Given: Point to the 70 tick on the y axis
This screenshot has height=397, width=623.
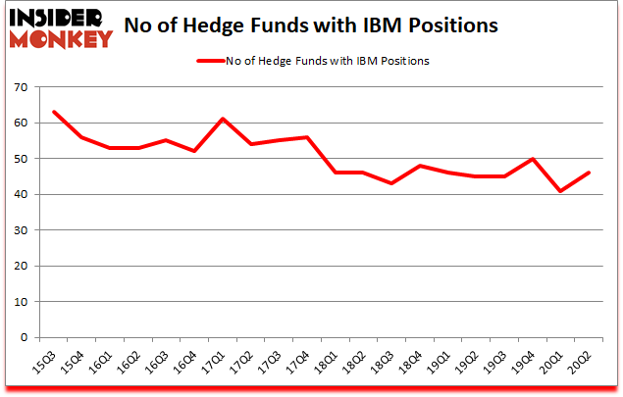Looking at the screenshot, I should pyautogui.click(x=19, y=88).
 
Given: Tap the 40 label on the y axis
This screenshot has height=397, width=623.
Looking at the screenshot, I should pyautogui.click(x=19, y=195).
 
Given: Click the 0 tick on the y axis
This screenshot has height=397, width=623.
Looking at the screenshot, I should pyautogui.click(x=23, y=337).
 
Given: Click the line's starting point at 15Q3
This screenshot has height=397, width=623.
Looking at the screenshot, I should pyautogui.click(x=55, y=113).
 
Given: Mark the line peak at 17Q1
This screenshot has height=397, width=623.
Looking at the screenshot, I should pyautogui.click(x=224, y=120).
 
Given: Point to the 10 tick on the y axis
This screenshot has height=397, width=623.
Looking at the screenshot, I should pyautogui.click(x=19, y=302).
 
